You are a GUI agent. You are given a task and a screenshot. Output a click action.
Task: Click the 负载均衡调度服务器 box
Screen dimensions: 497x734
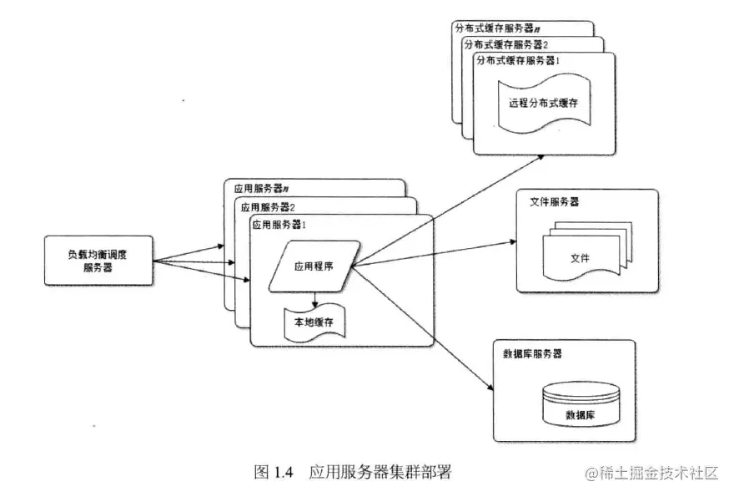[98, 261]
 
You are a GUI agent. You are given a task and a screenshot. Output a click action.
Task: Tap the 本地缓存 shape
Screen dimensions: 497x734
[314, 322]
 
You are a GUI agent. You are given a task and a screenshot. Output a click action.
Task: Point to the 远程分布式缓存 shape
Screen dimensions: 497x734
[543, 104]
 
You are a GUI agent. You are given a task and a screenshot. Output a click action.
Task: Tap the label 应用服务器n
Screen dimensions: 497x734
[260, 190]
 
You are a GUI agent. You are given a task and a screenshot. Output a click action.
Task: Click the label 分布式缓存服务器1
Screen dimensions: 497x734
[517, 61]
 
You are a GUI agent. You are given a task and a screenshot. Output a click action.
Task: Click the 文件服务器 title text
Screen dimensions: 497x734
[555, 202]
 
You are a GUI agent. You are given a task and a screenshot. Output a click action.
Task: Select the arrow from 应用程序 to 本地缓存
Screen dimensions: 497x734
[314, 297]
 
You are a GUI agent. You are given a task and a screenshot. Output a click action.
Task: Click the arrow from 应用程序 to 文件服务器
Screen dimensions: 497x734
[434, 254]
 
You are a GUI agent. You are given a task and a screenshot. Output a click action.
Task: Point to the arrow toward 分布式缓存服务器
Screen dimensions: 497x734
[450, 210]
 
